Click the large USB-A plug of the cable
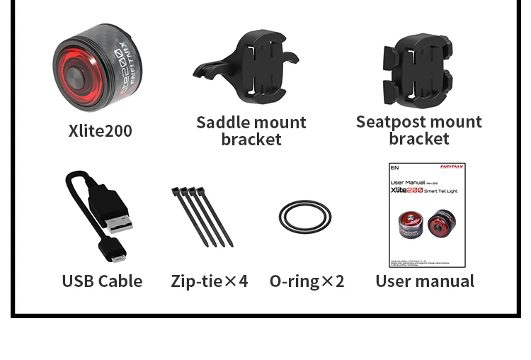(x=116, y=211)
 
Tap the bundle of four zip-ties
(x=201, y=215)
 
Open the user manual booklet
(x=427, y=215)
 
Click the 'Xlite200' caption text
(x=100, y=131)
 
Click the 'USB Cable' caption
(x=102, y=281)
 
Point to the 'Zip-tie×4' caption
(x=209, y=281)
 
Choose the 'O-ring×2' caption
(x=307, y=281)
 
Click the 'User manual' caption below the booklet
(x=425, y=281)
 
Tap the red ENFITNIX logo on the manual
(x=452, y=167)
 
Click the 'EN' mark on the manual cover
(x=395, y=169)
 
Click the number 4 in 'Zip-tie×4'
(x=243, y=281)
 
